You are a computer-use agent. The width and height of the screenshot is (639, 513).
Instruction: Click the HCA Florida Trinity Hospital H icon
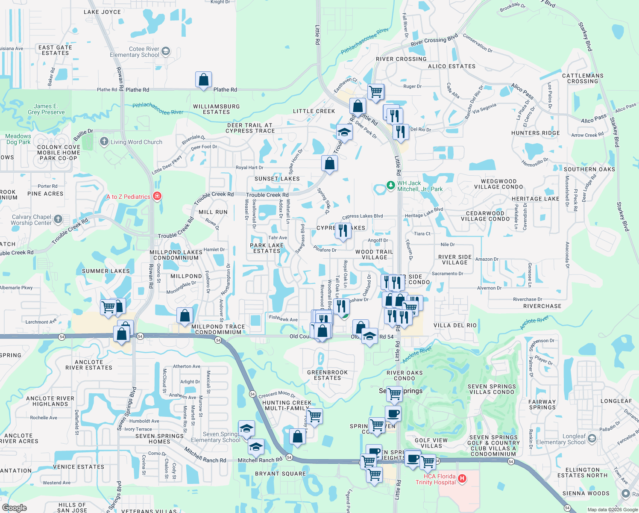(x=462, y=478)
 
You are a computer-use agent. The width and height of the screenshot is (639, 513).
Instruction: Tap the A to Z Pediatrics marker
(x=157, y=196)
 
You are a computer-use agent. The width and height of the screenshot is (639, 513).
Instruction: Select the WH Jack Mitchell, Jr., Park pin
(x=390, y=186)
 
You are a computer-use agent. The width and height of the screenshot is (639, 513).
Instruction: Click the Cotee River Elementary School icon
(x=166, y=52)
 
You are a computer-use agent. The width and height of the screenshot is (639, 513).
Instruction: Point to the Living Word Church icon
(x=104, y=142)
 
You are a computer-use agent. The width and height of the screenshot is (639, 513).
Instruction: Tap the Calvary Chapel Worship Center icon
(x=58, y=219)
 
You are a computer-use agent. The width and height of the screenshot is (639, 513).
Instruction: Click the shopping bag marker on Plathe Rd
(x=203, y=80)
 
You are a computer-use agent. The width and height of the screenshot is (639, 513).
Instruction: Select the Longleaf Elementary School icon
(x=592, y=438)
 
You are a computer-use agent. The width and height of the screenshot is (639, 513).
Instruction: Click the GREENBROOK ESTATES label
(x=327, y=375)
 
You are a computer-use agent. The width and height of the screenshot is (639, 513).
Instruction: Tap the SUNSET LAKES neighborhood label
(x=277, y=179)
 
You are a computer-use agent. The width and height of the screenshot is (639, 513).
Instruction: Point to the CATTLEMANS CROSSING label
(x=583, y=78)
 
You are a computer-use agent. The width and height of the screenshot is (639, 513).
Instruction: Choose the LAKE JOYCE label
(x=102, y=12)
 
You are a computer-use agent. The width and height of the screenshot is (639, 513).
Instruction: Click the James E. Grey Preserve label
(x=46, y=109)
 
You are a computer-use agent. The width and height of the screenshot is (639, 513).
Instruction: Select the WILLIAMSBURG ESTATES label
(x=216, y=109)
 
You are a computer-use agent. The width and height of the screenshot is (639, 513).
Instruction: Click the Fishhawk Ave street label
(x=283, y=318)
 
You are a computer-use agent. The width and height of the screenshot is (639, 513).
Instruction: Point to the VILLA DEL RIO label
(x=455, y=325)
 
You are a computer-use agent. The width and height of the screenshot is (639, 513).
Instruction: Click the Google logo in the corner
(x=15, y=507)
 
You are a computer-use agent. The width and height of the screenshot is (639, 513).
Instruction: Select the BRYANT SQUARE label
(x=280, y=474)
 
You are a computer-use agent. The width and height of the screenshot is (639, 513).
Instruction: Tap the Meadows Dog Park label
(x=18, y=139)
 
